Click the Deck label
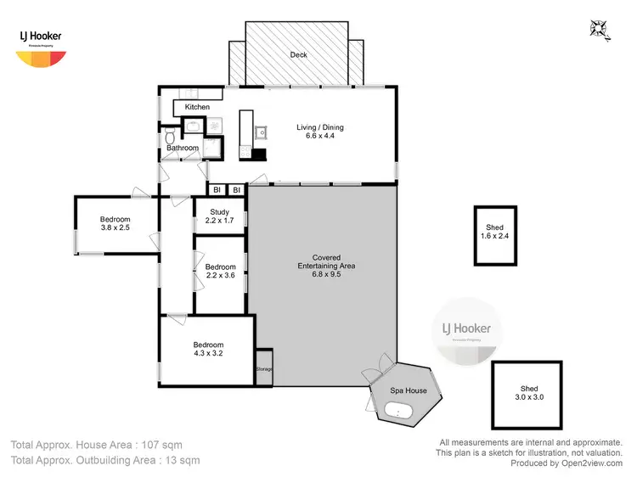[298, 54]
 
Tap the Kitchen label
[197, 107]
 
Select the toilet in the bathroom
[171, 136]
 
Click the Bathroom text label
[182, 149]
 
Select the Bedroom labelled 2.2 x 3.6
[221, 271]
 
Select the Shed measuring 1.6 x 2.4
[494, 233]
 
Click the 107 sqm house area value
[161, 444]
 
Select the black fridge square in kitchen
[260, 154]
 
